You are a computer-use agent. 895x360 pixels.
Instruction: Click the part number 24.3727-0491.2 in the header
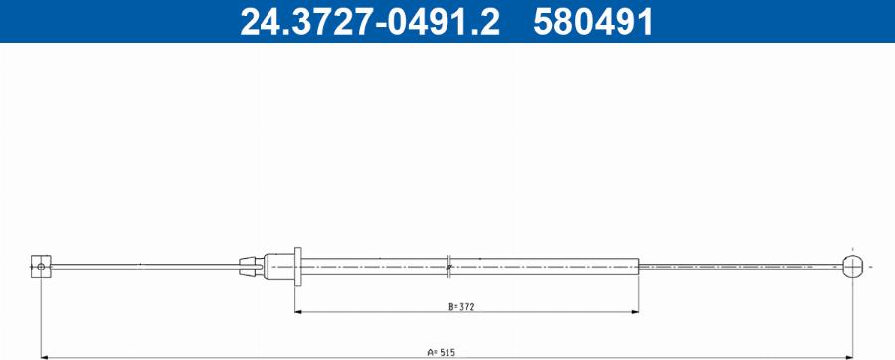[x=369, y=22]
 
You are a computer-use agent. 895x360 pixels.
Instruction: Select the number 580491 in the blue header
[x=593, y=22]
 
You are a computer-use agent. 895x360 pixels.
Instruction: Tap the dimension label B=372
[x=461, y=307]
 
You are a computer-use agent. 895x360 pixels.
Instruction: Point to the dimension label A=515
[x=442, y=353]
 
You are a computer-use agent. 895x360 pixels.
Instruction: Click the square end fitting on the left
[x=41, y=267]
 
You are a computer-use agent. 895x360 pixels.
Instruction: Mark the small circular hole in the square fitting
[x=41, y=267]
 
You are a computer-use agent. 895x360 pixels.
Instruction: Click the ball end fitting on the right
[x=853, y=267]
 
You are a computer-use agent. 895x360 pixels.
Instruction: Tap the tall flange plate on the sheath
[x=297, y=267]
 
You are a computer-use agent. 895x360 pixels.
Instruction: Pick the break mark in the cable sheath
[x=449, y=267]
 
